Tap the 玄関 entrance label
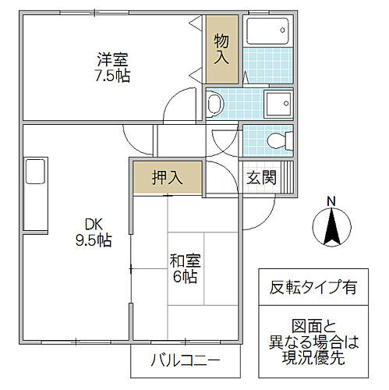263,177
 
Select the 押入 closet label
167,175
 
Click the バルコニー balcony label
185,362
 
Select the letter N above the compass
331,202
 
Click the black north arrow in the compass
331,227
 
